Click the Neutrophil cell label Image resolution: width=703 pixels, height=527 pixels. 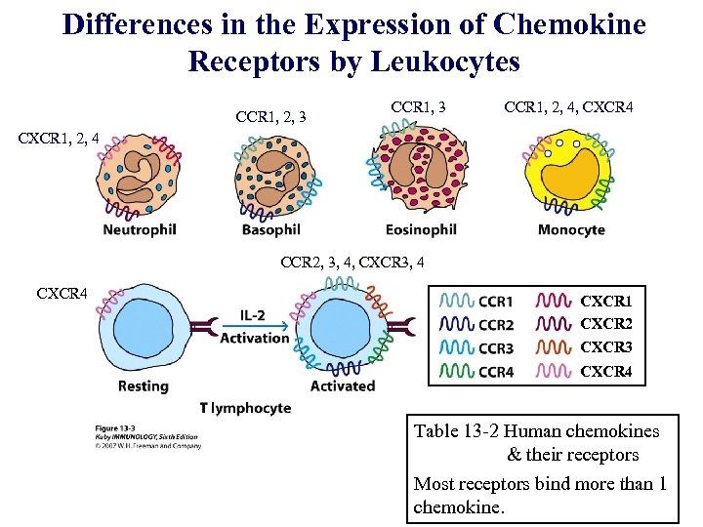tap(140, 230)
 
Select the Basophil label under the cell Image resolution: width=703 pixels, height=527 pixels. tap(270, 230)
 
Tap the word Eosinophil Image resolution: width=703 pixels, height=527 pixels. tap(421, 230)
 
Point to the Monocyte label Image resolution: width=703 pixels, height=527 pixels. tap(571, 230)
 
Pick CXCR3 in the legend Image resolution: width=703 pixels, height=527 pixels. tap(606, 347)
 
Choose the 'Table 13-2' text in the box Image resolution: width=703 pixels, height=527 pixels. tap(459, 431)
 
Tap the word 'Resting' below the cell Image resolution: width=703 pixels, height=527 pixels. tap(143, 385)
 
